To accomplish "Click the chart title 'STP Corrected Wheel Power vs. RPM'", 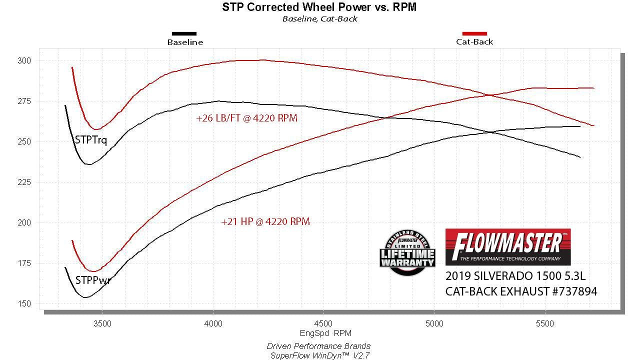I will tap(319, 7).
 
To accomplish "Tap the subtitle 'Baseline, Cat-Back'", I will tap(319, 19).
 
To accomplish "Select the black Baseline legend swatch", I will tap(184, 33).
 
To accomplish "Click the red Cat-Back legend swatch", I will tap(474, 33).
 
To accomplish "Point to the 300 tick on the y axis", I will tap(25, 60).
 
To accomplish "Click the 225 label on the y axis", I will tap(25, 182).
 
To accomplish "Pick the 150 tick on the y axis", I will tap(25, 303).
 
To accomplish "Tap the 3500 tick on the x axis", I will tap(102, 323).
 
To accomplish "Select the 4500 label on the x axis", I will tap(323, 323).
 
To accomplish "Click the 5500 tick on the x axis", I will tap(544, 323).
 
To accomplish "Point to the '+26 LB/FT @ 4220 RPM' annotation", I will tap(246, 118).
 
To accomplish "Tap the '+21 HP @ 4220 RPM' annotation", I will tap(265, 221).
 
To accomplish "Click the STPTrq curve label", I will tap(90, 140).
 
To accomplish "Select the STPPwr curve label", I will tap(92, 280).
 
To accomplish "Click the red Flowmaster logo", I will tap(507, 247).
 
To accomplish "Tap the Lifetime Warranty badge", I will tap(407, 252).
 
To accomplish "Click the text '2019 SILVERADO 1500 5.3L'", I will tap(515, 276).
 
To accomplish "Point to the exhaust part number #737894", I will tap(570, 291).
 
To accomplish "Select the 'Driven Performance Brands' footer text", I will tap(318, 346).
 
